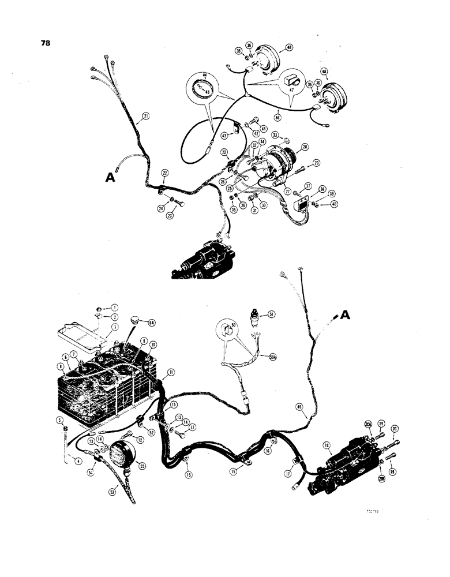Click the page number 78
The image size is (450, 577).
point(44,43)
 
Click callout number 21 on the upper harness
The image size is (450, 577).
point(145,117)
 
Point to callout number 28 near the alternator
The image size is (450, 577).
point(304,147)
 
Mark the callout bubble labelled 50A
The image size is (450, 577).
point(272,357)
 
